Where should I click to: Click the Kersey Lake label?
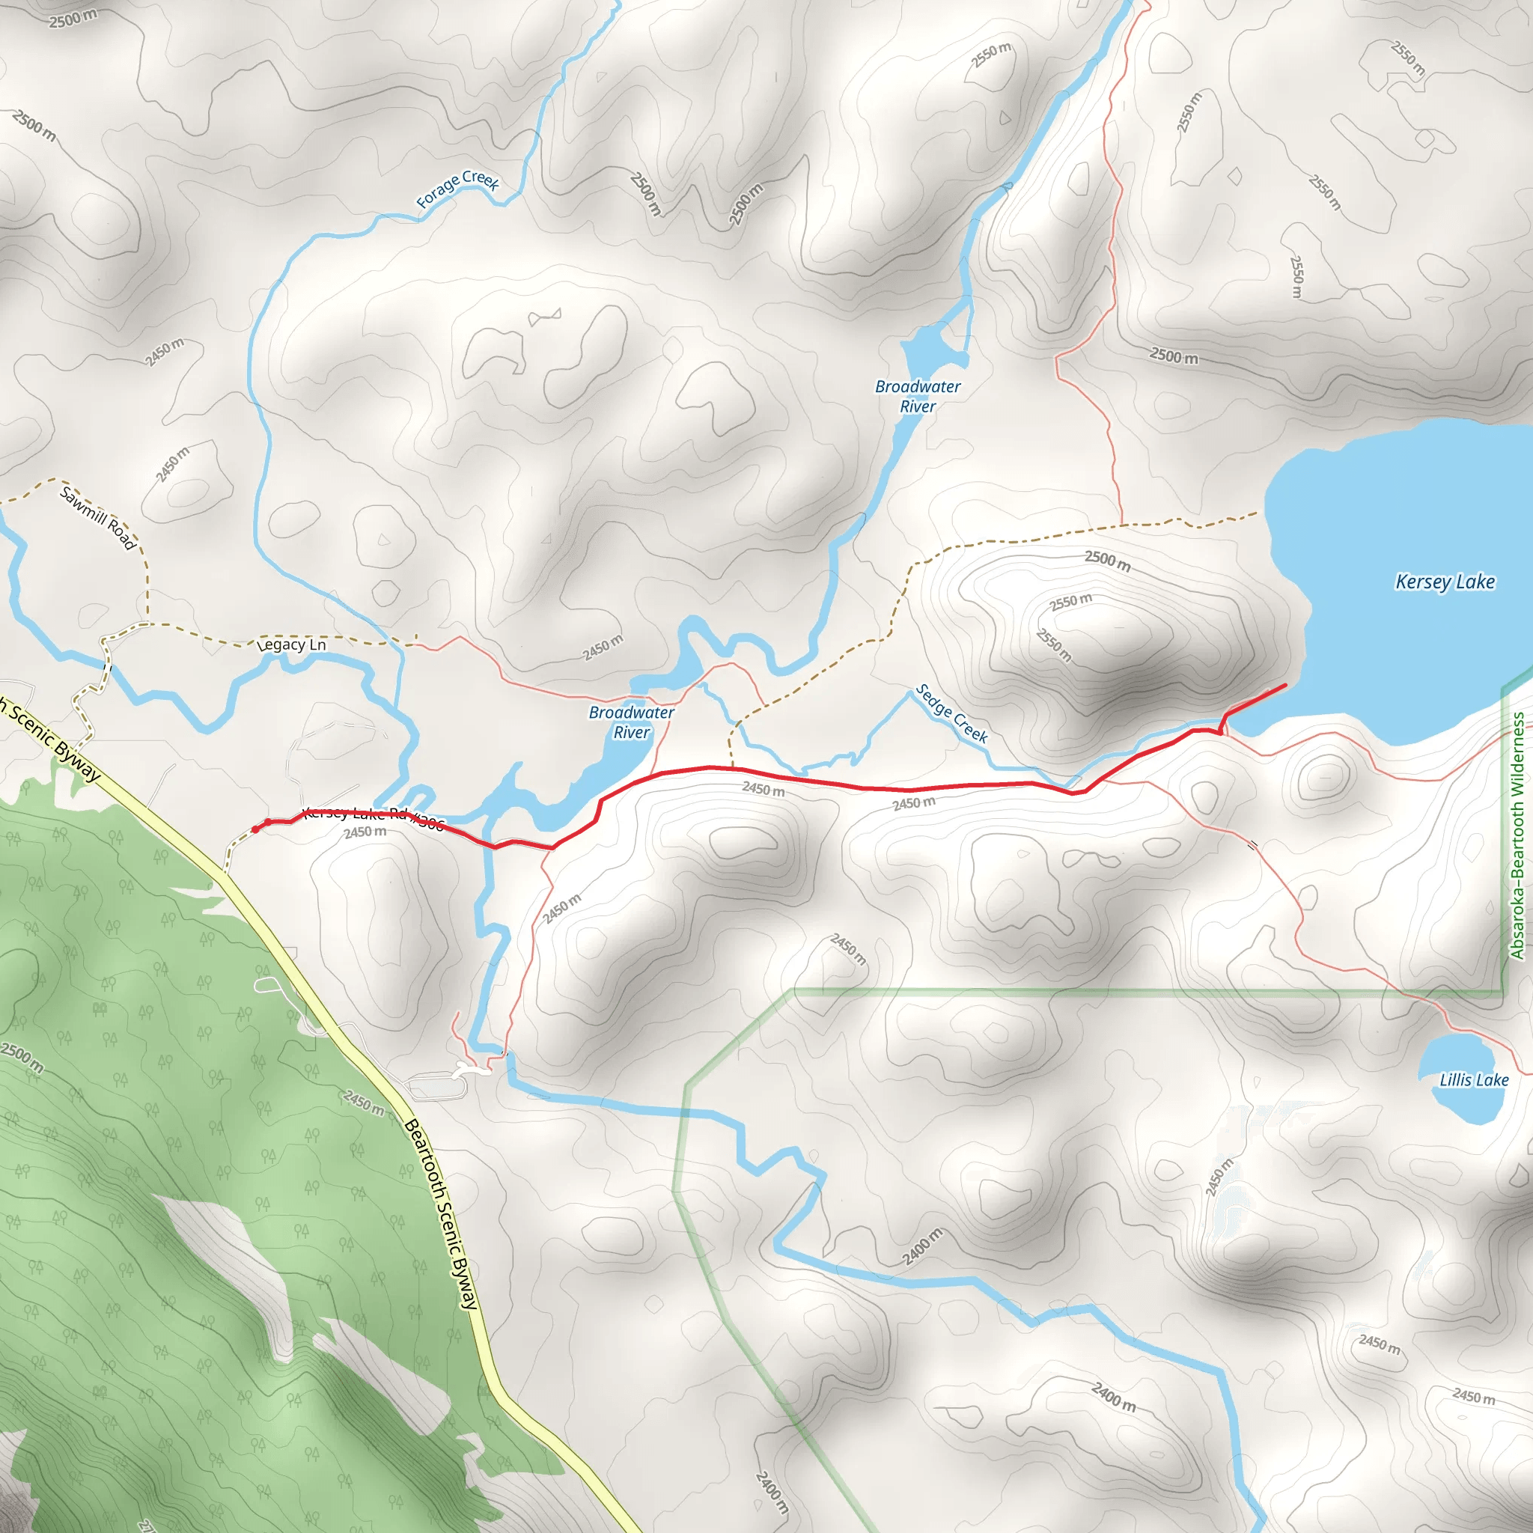[x=1445, y=582]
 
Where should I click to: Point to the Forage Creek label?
[x=458, y=189]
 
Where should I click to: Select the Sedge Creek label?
[x=951, y=713]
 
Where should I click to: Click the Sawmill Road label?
[x=97, y=518]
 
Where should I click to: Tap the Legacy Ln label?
[x=292, y=645]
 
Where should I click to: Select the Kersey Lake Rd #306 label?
[x=373, y=816]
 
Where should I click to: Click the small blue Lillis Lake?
[x=1463, y=1103]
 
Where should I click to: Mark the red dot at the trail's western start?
[x=255, y=830]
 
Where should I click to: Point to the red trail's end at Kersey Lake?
[x=1285, y=685]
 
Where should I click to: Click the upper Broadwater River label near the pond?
[x=918, y=396]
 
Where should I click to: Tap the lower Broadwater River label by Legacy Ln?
[x=632, y=722]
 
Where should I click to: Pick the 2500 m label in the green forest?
[x=22, y=1058]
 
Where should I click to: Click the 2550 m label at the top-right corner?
[x=1406, y=58]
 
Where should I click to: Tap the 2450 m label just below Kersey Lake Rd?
[x=365, y=832]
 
